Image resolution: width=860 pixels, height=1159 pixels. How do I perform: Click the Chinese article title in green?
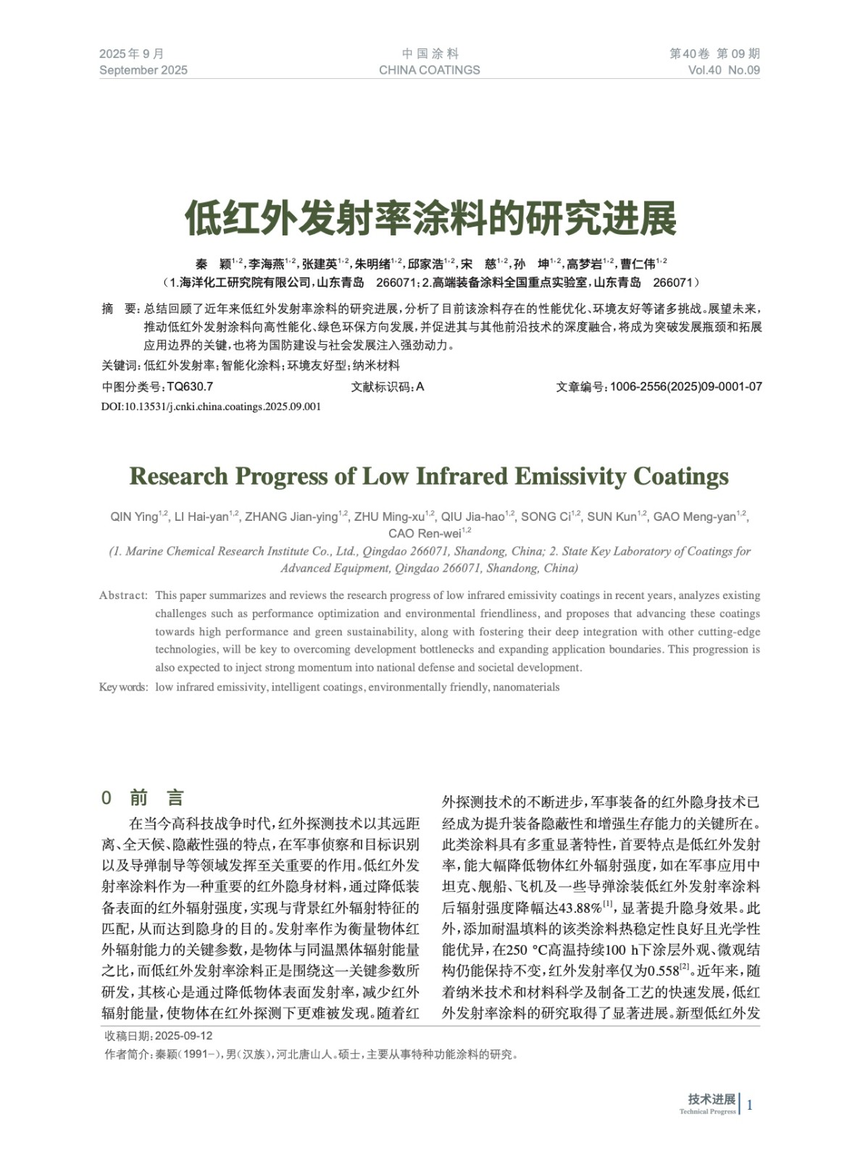click(430, 218)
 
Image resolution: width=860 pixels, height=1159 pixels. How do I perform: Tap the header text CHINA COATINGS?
click(429, 70)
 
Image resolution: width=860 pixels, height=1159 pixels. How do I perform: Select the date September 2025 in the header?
click(143, 70)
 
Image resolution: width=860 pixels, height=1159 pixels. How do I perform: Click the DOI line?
click(211, 406)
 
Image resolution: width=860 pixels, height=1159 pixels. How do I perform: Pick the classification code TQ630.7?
click(190, 387)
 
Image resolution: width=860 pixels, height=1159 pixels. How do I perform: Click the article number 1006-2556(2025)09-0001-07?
click(685, 387)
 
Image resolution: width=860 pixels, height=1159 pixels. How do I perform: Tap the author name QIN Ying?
click(135, 516)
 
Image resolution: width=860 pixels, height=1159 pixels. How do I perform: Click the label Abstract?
click(123, 595)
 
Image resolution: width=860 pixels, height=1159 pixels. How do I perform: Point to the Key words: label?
click(123, 687)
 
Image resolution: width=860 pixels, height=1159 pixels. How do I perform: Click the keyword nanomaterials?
click(526, 687)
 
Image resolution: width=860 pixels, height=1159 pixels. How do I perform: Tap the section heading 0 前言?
click(143, 798)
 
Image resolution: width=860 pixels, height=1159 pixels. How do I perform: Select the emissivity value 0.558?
click(662, 971)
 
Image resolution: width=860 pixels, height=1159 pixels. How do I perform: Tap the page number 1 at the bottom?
click(750, 1105)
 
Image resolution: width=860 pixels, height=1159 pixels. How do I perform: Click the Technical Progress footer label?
click(707, 1112)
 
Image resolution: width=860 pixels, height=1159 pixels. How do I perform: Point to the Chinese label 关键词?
click(120, 366)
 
